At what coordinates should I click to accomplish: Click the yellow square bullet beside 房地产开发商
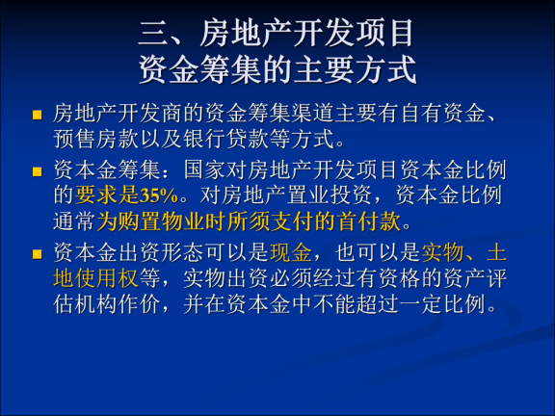coord(39,116)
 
